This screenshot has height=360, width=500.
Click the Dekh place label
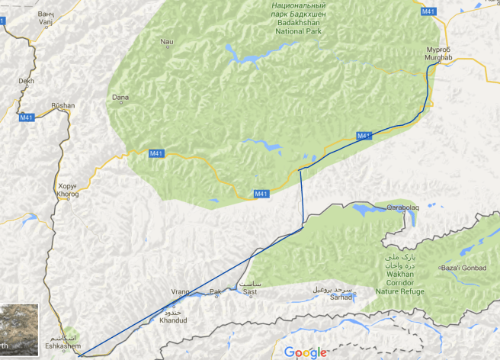[27, 80]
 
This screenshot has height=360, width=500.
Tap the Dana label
[120, 98]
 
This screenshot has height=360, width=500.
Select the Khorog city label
[68, 190]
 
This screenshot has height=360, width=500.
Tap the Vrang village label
[180, 292]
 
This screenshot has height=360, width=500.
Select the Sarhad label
[333, 293]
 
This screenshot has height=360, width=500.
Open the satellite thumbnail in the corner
[18, 331]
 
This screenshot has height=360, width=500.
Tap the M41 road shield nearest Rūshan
[27, 117]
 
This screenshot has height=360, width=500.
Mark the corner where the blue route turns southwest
[303, 226]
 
